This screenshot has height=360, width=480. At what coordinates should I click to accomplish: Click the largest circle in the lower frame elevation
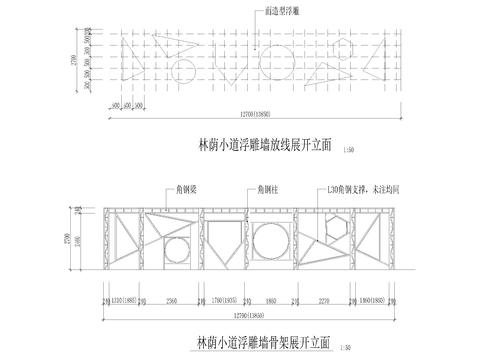point(269,240)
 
